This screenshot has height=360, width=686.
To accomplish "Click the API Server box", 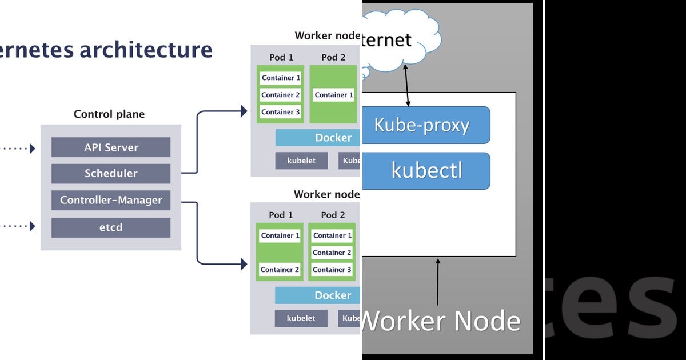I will [111, 147].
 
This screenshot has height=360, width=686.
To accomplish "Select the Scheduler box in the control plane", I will [111, 174].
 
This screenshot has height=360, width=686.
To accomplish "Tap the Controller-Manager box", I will [111, 201].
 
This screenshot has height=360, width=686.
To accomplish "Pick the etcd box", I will [111, 227].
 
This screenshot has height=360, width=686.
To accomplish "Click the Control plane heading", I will [109, 114].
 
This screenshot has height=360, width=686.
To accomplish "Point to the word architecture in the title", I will [146, 50].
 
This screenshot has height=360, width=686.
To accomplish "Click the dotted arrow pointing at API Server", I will [17, 149].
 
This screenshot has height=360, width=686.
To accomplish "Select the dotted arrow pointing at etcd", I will [17, 226].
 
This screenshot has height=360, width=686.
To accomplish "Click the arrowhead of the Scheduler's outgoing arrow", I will [244, 111].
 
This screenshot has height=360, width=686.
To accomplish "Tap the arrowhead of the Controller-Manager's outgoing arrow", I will [244, 264].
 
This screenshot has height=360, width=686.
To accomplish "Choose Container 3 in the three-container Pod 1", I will [280, 112].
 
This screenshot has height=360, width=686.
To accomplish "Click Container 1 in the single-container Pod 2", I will [334, 95].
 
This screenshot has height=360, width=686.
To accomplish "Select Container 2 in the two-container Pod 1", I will [280, 270].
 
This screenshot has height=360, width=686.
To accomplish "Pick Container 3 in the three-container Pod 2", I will [332, 270].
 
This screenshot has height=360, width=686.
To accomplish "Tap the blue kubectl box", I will [425, 170].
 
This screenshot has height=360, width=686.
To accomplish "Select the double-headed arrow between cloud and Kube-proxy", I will [407, 86].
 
